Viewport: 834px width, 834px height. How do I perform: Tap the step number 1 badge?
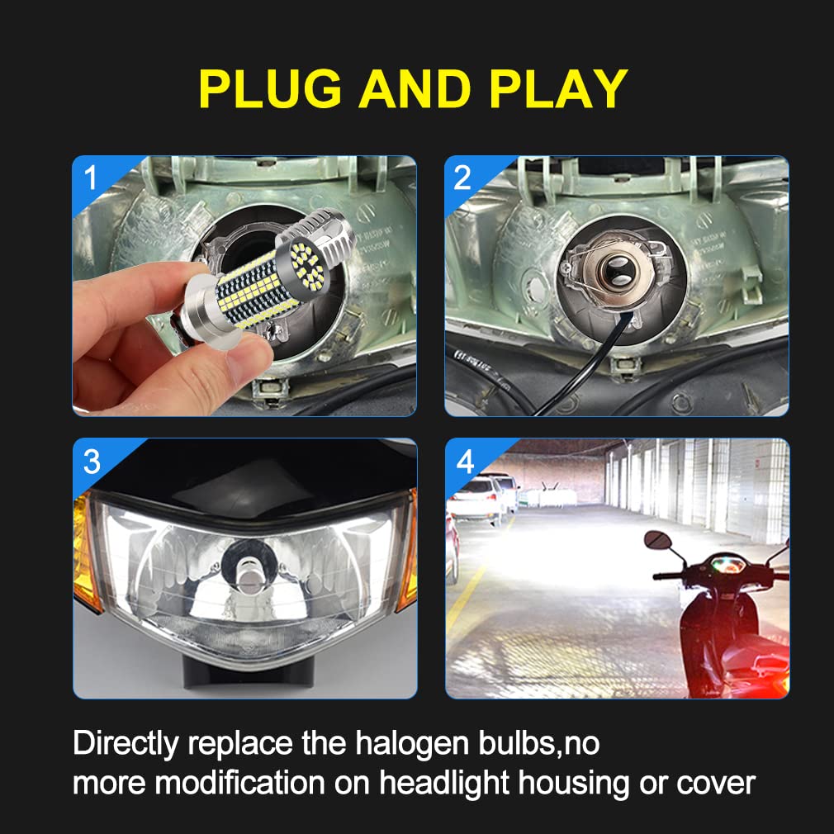(90, 177)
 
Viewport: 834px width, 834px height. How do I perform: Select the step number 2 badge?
(463, 178)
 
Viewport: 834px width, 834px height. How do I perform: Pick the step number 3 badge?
(91, 461)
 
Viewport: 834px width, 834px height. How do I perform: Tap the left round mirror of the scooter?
(656, 542)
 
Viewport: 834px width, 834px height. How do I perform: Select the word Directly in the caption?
(124, 742)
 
